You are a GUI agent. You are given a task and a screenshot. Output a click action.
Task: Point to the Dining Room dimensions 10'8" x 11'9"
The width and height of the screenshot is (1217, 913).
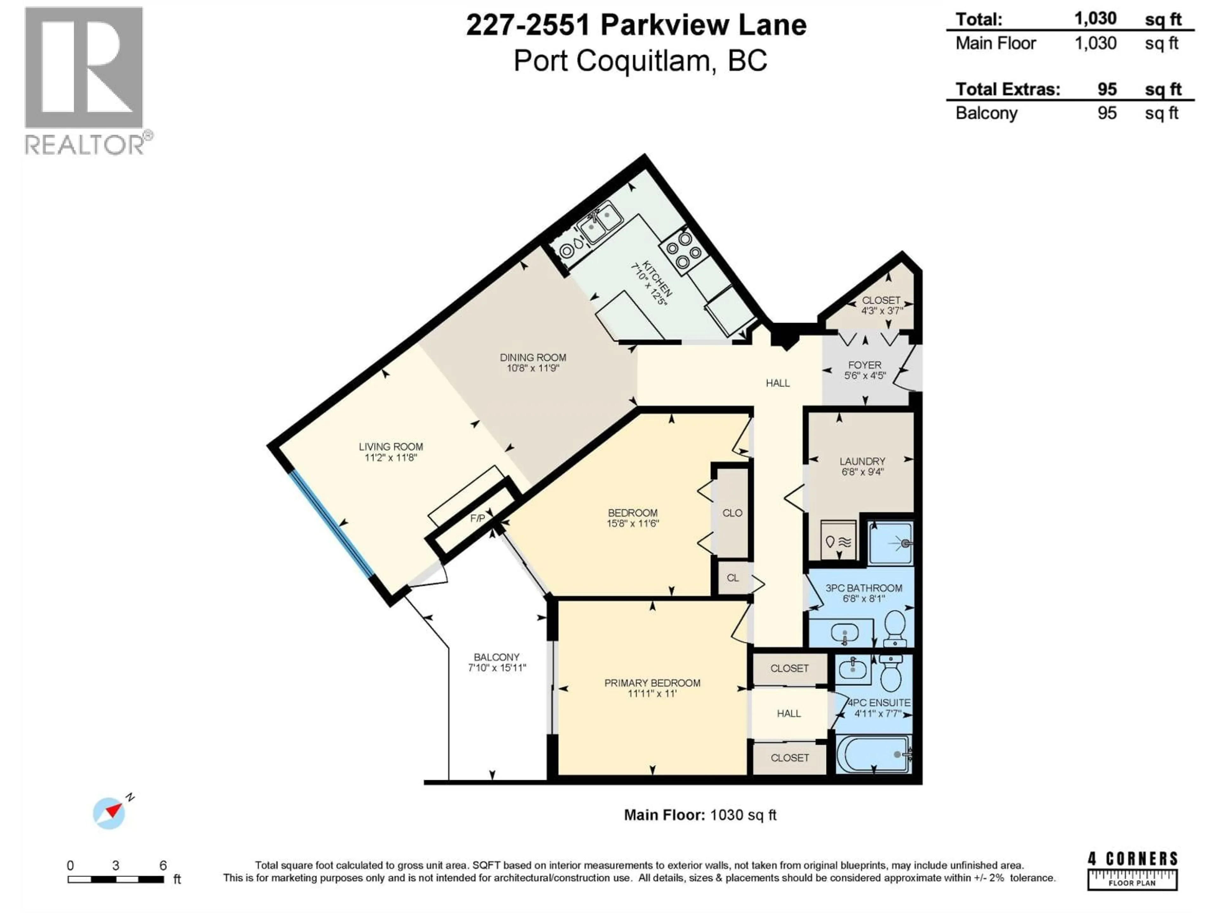pyautogui.click(x=532, y=368)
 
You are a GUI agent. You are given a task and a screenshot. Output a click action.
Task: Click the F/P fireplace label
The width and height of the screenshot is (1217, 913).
pyautogui.click(x=478, y=518)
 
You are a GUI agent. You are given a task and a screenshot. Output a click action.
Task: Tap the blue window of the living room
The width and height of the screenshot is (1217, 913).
pyautogui.click(x=331, y=523)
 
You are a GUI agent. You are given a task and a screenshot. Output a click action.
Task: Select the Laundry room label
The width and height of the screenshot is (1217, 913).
pyautogui.click(x=862, y=461)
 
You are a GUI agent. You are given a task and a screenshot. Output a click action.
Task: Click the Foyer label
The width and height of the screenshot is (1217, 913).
pyautogui.click(x=864, y=365)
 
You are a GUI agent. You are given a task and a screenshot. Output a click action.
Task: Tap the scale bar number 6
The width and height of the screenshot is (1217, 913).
pyautogui.click(x=163, y=865)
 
